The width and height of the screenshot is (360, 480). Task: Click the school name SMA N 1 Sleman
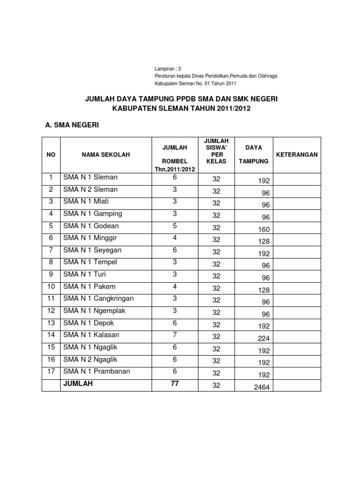pyautogui.click(x=90, y=178)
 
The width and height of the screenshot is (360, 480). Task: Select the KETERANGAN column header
pyautogui.click(x=297, y=154)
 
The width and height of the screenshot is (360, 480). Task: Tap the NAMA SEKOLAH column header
pyautogui.click(x=106, y=154)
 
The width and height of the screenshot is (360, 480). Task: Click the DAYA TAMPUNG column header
pyautogui.click(x=254, y=154)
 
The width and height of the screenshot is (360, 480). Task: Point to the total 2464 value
pyautogui.click(x=262, y=387)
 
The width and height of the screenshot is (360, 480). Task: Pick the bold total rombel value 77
pyautogui.click(x=174, y=383)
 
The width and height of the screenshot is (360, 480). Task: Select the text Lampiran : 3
pyautogui.click(x=168, y=69)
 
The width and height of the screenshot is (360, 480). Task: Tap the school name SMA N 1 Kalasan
pyautogui.click(x=91, y=335)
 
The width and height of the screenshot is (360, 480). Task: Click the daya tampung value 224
pyautogui.click(x=264, y=338)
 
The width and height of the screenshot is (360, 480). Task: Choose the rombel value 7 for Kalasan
pyautogui.click(x=174, y=335)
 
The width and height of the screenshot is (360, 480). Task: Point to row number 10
pyautogui.click(x=51, y=286)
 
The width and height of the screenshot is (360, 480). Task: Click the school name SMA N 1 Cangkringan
pyautogui.click(x=98, y=299)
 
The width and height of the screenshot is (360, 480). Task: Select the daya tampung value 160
pyautogui.click(x=264, y=230)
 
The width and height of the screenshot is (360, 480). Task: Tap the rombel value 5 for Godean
pyautogui.click(x=174, y=226)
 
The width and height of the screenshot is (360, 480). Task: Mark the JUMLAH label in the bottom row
pyautogui.click(x=78, y=383)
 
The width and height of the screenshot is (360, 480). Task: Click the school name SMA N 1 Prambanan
pyautogui.click(x=97, y=371)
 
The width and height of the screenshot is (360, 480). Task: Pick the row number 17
pyautogui.click(x=51, y=371)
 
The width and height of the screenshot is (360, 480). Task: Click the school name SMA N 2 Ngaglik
pyautogui.click(x=90, y=359)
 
